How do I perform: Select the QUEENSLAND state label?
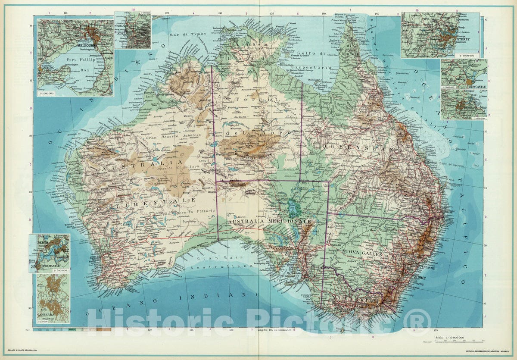[362, 148]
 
